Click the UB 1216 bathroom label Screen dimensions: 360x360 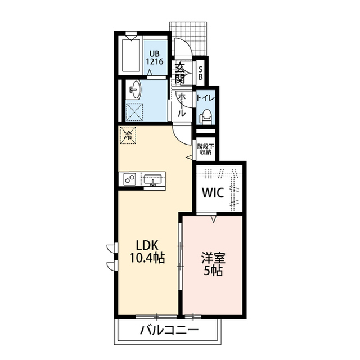click(155, 57)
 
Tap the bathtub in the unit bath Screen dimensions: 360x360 click(131, 56)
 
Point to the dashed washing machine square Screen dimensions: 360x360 click(134, 112)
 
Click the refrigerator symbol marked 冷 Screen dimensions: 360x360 click(128, 136)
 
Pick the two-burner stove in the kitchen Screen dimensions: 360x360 click(130, 179)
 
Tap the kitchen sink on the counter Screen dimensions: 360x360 click(152, 179)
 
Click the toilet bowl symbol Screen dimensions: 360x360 click(206, 116)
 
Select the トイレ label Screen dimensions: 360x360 click(205, 98)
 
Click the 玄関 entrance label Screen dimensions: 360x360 click(180, 73)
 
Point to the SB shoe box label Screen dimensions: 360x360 click(201, 73)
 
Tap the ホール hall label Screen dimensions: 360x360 click(182, 105)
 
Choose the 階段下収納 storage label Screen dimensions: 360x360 click(206, 149)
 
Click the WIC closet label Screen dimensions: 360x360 click(213, 193)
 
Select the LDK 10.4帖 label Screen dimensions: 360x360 click(147, 251)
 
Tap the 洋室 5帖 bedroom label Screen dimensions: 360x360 click(213, 264)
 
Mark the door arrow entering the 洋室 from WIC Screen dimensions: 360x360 click(214, 219)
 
